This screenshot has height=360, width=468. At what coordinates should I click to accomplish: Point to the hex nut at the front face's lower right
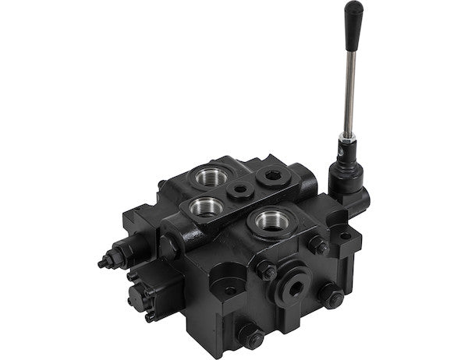tap(331, 297)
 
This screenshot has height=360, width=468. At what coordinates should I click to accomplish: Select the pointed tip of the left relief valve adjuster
tap(101, 263)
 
